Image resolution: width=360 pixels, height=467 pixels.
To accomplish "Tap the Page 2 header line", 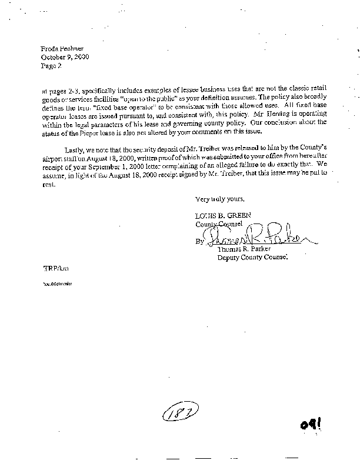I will (x=51, y=66).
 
